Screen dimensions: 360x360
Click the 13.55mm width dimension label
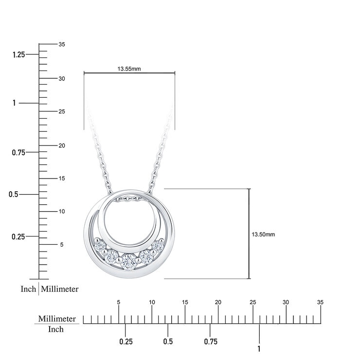point(129,69)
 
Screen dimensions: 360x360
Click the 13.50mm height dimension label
point(263,234)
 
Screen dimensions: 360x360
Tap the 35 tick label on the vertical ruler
point(62,44)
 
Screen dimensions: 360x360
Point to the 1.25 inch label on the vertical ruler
point(18,55)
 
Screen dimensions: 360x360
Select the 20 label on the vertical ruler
point(62,145)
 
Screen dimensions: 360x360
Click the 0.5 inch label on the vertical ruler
point(14,194)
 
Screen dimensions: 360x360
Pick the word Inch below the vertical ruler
point(28,289)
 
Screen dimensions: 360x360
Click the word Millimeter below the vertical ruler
point(60,289)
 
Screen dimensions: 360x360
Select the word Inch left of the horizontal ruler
point(56,329)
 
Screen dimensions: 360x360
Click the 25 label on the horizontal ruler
point(252,303)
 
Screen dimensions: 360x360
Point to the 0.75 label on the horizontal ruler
point(211,342)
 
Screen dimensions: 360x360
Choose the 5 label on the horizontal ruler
point(119,303)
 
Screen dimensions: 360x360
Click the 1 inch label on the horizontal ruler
point(259,348)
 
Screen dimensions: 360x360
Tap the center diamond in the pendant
point(128,261)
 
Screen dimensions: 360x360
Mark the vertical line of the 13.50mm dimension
point(250,234)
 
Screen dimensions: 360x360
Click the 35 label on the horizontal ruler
point(320,303)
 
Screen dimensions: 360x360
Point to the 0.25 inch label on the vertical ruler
point(18,236)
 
